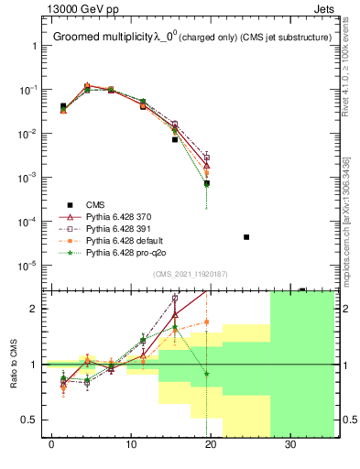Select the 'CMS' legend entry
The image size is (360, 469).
pyautogui.click(x=97, y=204)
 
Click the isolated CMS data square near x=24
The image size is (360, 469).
pyautogui.click(x=246, y=237)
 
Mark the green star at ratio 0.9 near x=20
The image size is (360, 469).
pyautogui.click(x=208, y=374)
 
